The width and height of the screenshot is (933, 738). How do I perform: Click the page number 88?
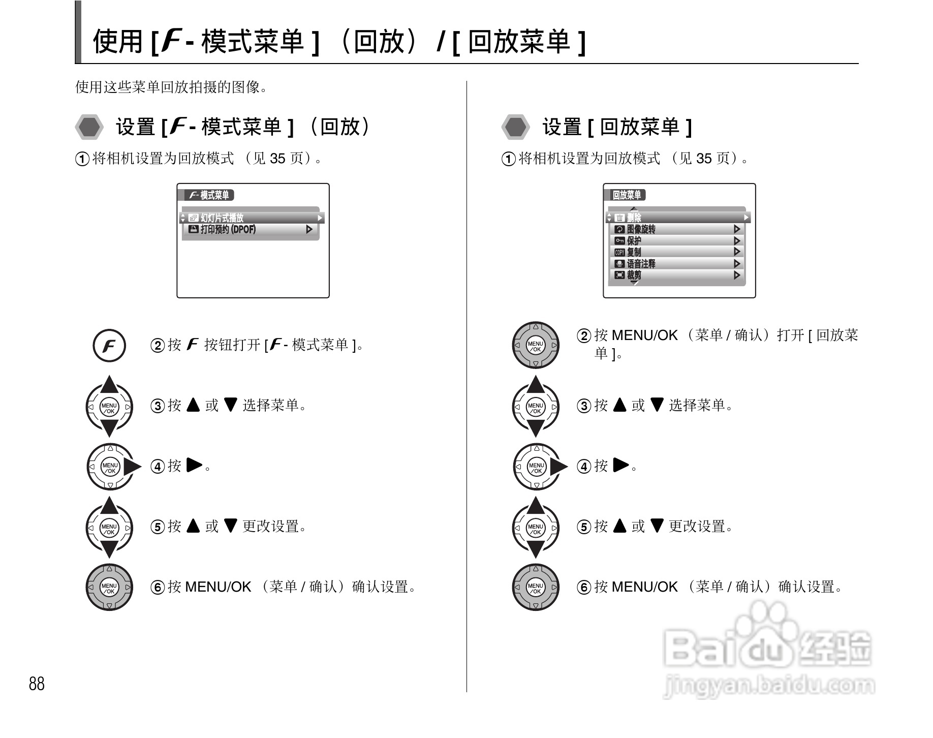37,684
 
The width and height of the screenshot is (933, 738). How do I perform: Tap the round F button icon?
109,346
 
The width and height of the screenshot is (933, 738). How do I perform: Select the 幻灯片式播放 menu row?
252,218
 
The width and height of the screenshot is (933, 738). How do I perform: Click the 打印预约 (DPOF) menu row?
249,230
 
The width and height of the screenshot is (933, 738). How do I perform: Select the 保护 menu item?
676,241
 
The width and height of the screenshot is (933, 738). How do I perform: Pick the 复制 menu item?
676,252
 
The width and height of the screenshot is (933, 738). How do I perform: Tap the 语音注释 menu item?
676,264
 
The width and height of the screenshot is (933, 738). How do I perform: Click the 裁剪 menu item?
676,275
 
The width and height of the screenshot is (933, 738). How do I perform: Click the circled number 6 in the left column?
158,588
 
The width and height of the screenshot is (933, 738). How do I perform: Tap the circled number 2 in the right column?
584,336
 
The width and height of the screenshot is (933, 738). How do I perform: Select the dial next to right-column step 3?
536,407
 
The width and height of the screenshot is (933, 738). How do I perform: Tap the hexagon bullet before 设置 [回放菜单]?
516,127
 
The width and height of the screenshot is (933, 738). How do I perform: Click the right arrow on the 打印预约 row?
309,230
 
